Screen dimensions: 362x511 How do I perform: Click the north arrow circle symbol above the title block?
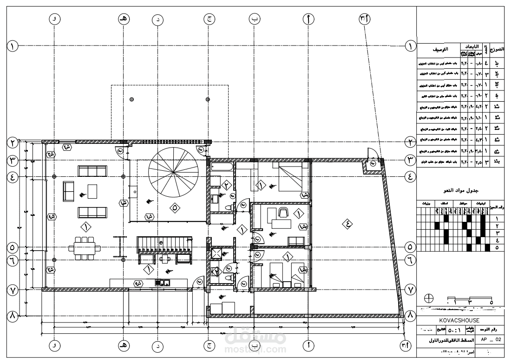[429, 298]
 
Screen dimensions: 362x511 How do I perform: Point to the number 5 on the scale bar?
[491, 303]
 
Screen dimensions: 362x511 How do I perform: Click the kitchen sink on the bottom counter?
[162, 282]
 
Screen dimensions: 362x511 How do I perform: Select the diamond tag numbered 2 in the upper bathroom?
[226, 185]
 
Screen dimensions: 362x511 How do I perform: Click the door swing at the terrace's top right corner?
[371, 155]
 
